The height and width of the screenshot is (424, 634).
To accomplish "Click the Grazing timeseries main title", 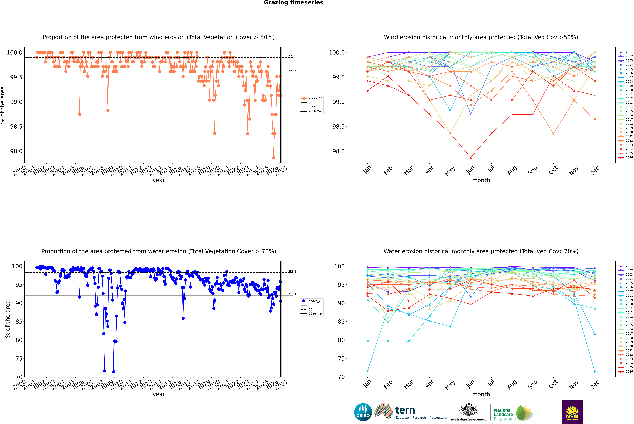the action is coord(293,3).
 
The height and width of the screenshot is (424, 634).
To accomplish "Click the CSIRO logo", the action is coord(363,412).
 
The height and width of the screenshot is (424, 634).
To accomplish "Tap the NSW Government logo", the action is coord(572,412).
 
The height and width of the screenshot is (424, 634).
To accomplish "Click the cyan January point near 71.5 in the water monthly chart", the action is coord(368,371).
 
